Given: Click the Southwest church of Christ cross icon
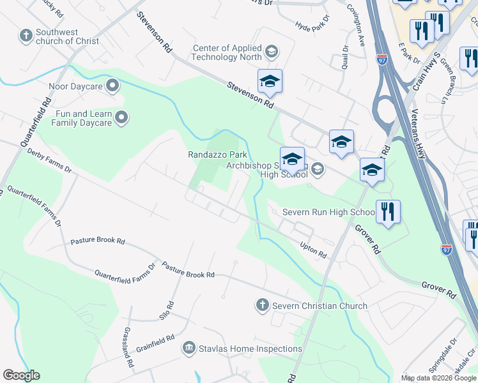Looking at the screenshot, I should pyautogui.click(x=27, y=35).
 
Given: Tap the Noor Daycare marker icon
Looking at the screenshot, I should pyautogui.click(x=113, y=84).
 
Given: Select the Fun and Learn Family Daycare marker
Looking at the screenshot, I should pyautogui.click(x=122, y=117).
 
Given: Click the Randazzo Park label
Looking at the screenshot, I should pyautogui.click(x=217, y=154).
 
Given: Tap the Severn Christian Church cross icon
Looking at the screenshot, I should pyautogui.click(x=261, y=306).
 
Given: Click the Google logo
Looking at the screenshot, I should pyautogui.click(x=21, y=375).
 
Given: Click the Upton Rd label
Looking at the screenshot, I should pyautogui.click(x=313, y=250).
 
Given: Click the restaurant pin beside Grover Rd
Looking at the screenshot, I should pyautogui.click(x=388, y=213).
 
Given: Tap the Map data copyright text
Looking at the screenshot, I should pyautogui.click(x=439, y=378).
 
